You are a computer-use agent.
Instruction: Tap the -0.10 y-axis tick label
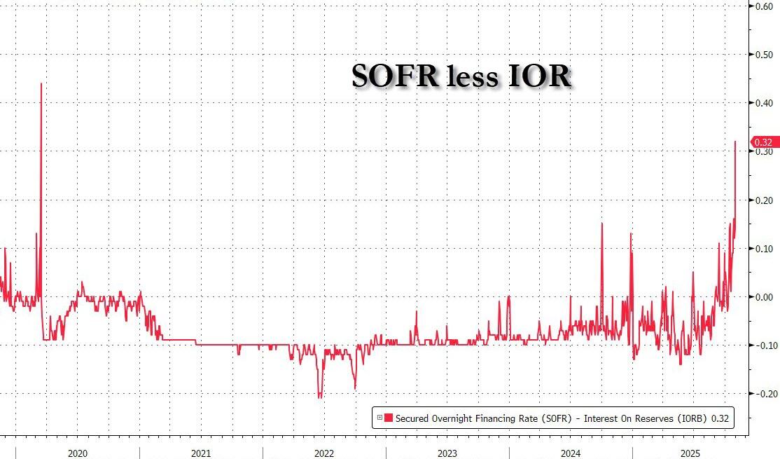[762, 345]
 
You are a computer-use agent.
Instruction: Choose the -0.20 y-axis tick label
[762, 394]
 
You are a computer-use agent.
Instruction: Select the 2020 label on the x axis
[78, 453]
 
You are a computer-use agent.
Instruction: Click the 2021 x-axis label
[201, 453]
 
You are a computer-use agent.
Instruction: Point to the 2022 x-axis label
[324, 453]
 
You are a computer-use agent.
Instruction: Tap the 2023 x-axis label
[447, 453]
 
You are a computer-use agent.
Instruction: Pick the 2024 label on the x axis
[571, 453]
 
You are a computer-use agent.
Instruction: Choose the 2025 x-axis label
[693, 453]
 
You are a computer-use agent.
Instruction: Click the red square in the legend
[389, 418]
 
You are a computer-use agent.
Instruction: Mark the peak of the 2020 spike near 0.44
[41, 83]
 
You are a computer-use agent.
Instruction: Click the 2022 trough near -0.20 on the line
[321, 397]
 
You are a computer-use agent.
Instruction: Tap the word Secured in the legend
[412, 418]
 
